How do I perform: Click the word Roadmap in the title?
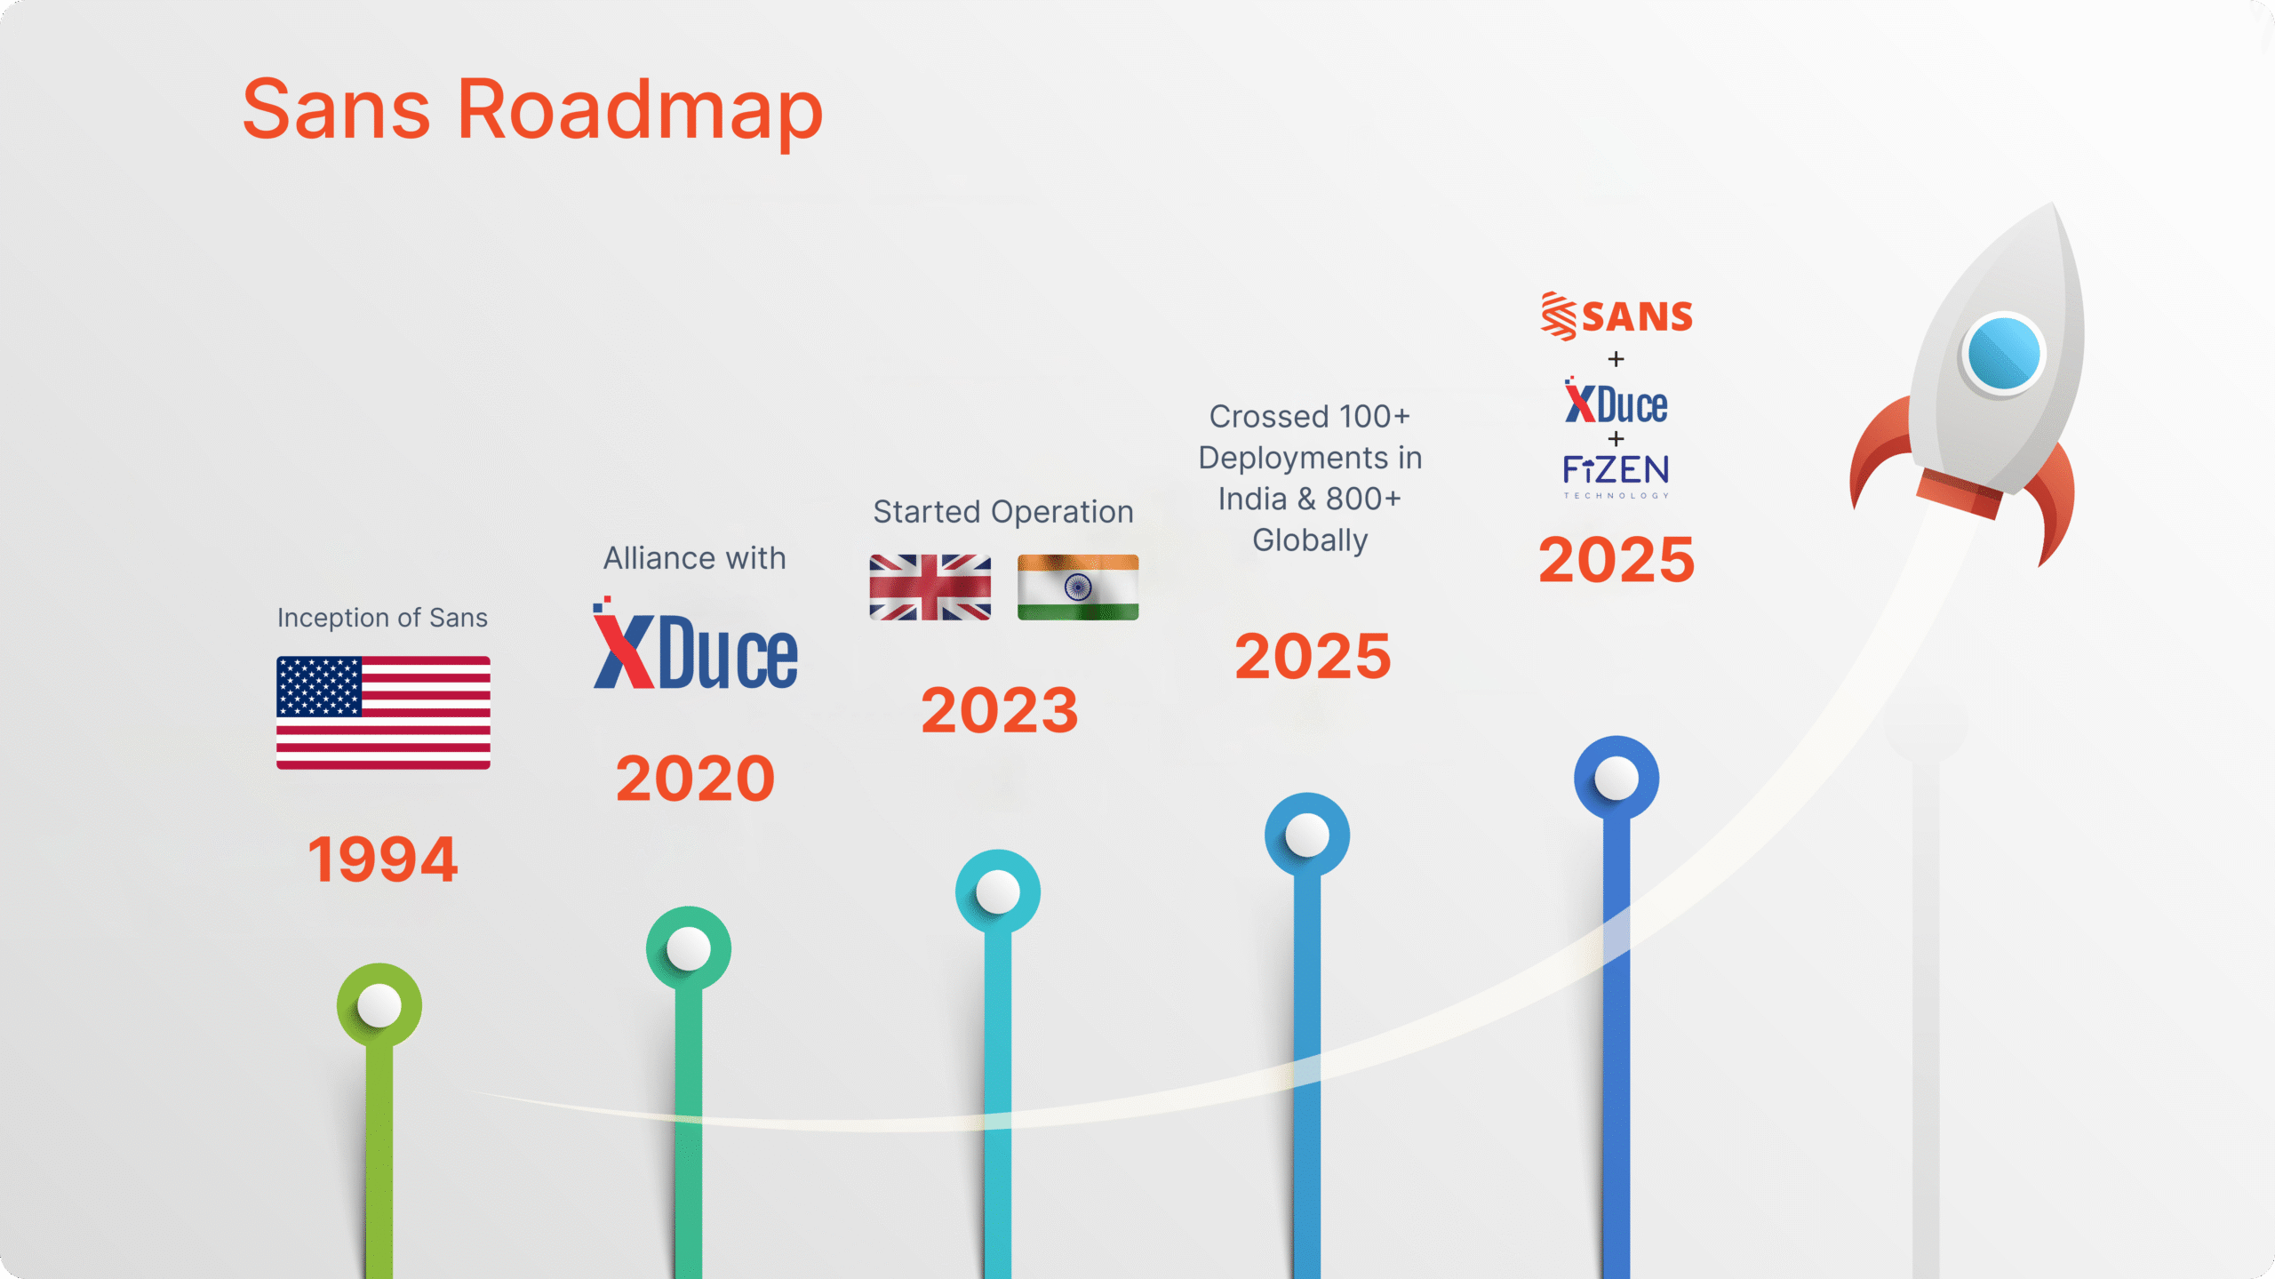[x=640, y=111]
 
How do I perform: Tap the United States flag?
[x=383, y=713]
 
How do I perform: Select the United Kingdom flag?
[x=930, y=588]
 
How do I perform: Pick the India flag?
[x=1078, y=588]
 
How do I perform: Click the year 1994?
[x=383, y=859]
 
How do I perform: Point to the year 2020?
[x=695, y=779]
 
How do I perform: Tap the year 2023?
[x=1000, y=710]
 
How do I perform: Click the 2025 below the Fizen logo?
[x=1616, y=560]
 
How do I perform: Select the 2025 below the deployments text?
[x=1313, y=656]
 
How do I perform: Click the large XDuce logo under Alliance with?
[x=695, y=643]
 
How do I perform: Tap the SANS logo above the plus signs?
[x=1616, y=316]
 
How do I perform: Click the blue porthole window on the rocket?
[x=2004, y=353]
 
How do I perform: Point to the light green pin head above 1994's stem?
[x=379, y=1005]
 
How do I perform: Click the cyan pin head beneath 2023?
[x=998, y=891]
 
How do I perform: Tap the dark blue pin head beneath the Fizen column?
[x=1616, y=778]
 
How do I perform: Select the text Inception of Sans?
[x=382, y=618]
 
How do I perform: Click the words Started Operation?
[x=1003, y=512]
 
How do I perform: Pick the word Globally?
[x=1310, y=540]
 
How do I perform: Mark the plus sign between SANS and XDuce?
[x=1616, y=359]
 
